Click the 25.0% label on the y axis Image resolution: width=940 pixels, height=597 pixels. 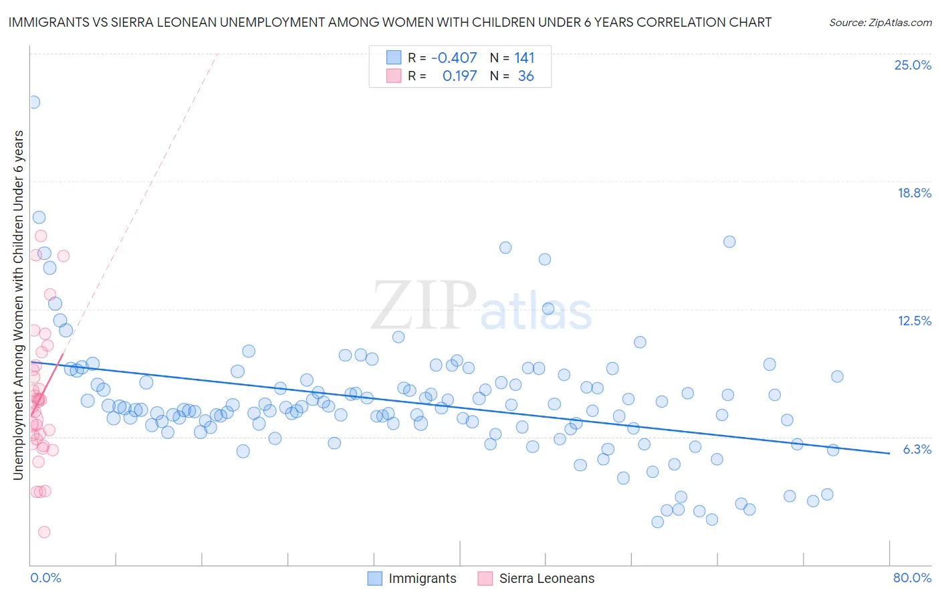(913, 65)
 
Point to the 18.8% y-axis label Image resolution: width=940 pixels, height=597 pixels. (914, 193)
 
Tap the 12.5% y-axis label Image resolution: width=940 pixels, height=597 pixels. (914, 321)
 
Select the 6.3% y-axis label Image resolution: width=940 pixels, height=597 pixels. (917, 449)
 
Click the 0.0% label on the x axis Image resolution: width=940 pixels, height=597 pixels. (45, 578)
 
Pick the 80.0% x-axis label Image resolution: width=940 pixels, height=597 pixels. (912, 578)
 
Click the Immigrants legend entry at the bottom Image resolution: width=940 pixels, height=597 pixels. (422, 578)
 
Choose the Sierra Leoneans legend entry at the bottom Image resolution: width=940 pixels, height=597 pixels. (546, 578)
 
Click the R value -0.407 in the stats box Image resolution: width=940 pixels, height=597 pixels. (454, 58)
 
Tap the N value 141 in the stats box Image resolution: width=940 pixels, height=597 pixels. (524, 58)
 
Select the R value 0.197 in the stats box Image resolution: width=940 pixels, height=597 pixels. (459, 76)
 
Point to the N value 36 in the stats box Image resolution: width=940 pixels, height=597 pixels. (525, 76)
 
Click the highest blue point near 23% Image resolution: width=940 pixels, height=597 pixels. (33, 102)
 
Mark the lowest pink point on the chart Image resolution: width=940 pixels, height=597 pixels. (44, 532)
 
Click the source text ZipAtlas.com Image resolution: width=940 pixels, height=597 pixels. (880, 23)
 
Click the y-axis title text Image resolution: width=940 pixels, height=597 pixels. (18, 305)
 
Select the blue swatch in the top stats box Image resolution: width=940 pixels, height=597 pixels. (394, 58)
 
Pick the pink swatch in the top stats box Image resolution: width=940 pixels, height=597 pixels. (394, 76)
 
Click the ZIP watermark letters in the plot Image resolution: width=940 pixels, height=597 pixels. (424, 305)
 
